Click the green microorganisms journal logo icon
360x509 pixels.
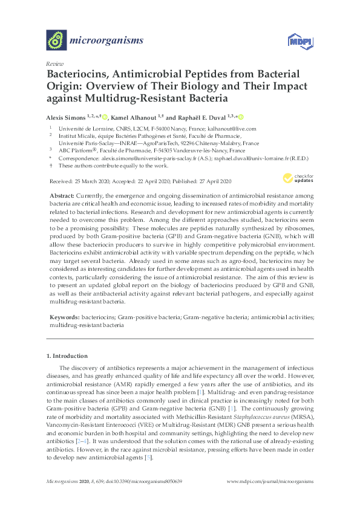click(56, 41)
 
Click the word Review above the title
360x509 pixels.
click(53, 63)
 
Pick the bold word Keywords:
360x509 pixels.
click(64, 317)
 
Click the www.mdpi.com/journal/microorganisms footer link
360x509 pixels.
click(269, 482)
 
